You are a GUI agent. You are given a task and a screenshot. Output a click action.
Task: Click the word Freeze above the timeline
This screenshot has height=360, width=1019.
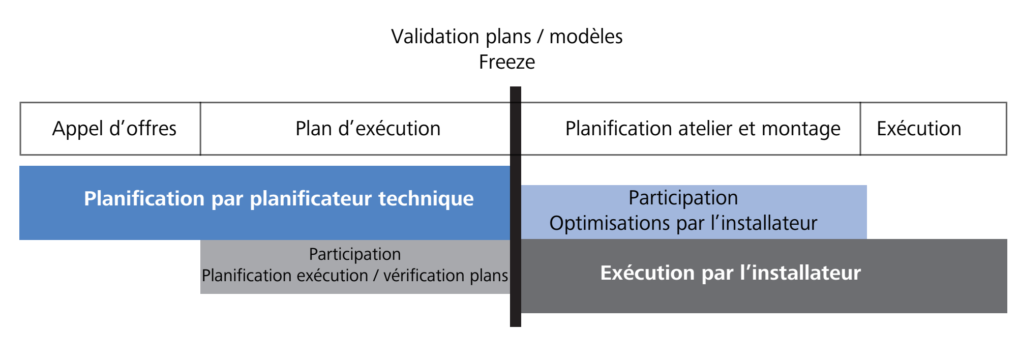point(507,62)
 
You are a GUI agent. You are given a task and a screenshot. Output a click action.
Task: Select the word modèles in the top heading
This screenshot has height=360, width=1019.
point(586,37)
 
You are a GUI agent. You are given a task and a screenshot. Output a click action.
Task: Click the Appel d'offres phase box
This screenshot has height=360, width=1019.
point(110,129)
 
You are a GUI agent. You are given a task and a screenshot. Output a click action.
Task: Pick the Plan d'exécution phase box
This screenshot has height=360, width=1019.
point(355,129)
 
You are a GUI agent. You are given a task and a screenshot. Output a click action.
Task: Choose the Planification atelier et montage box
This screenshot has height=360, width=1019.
point(691,129)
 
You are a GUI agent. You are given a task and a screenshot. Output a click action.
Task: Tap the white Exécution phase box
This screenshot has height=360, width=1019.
point(934,129)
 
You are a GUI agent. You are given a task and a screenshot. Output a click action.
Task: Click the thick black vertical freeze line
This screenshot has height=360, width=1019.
point(516,206)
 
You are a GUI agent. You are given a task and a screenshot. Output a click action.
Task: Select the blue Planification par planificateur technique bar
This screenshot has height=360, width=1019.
point(264,203)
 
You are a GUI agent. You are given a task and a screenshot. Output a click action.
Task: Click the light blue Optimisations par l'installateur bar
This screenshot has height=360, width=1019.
point(694,212)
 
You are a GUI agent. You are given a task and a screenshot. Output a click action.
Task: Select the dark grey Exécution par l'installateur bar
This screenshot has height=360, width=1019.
point(764,276)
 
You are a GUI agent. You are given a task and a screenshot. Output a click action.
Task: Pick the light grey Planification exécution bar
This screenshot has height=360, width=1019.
point(355,267)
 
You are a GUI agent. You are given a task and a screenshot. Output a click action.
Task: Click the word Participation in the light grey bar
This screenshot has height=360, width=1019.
point(355,254)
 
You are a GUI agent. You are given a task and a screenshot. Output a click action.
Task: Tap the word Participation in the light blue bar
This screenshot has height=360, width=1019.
point(683,198)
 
